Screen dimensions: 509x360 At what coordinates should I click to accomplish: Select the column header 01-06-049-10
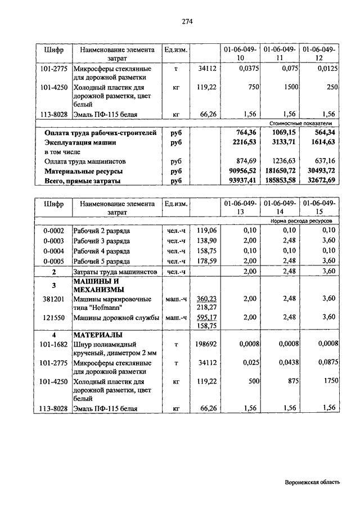coord(240,54)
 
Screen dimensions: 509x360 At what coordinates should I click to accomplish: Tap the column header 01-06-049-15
coord(319,208)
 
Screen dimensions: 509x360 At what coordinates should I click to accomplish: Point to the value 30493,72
coord(319,171)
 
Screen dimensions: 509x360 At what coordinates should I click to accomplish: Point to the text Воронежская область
coord(312,482)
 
